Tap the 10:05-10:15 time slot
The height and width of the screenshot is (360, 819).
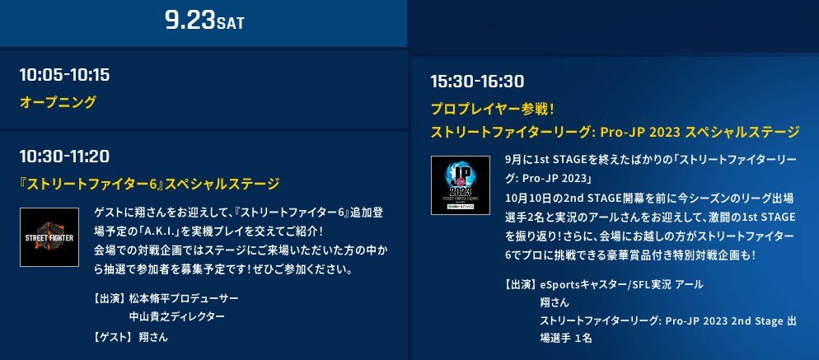(x=64, y=75)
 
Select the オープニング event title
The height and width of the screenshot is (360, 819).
(x=58, y=102)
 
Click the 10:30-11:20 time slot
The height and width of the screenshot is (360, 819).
(x=64, y=156)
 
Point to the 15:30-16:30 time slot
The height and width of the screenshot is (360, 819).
(x=477, y=81)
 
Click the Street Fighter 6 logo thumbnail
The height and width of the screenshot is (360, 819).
(x=49, y=237)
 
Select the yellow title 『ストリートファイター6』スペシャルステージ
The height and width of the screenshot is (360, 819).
(x=149, y=183)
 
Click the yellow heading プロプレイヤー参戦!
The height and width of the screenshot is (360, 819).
(x=493, y=108)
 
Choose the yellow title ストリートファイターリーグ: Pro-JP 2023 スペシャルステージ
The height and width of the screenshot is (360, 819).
(x=615, y=132)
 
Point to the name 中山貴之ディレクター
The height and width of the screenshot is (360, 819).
(x=176, y=316)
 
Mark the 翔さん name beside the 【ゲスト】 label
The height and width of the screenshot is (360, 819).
(x=155, y=336)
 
